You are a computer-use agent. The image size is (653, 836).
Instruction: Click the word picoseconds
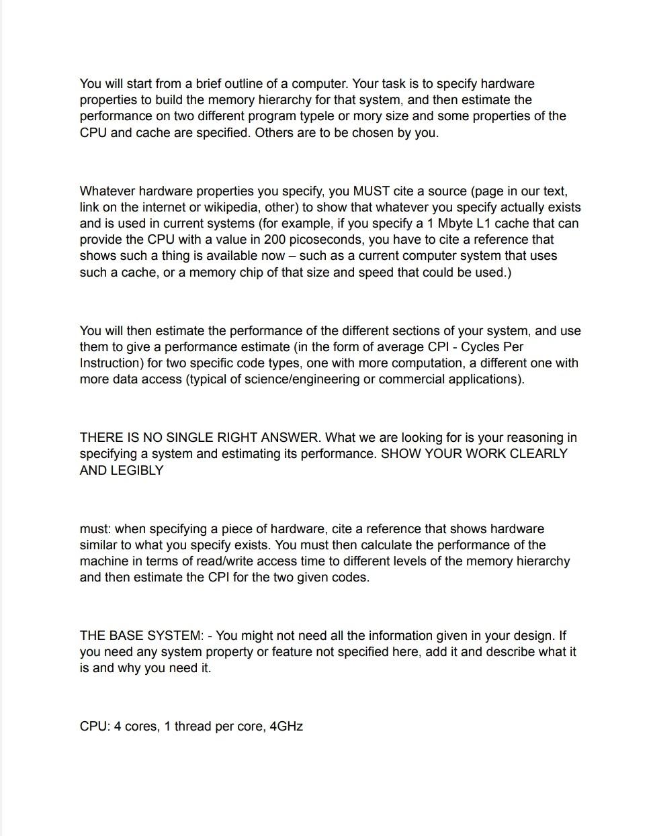(327, 239)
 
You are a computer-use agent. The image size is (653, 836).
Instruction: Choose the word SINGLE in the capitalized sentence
(191, 437)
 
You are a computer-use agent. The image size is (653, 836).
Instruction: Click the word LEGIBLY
(137, 470)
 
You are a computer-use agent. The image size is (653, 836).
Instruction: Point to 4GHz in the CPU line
(286, 726)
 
